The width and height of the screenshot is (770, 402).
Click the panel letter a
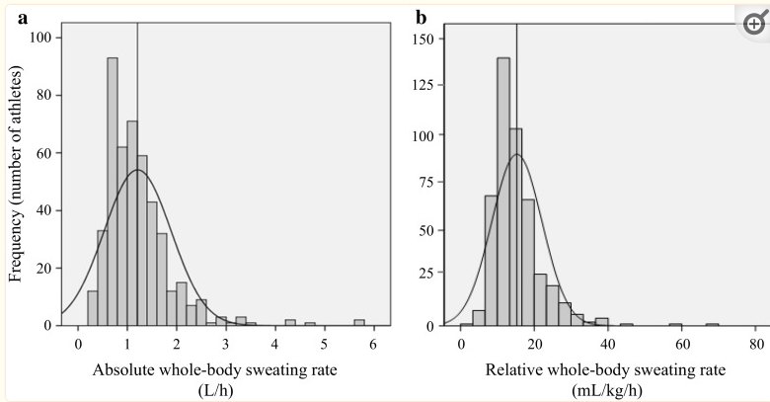pyautogui.click(x=15, y=16)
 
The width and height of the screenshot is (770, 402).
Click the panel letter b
pyautogui.click(x=422, y=17)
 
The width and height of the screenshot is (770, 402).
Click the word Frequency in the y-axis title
pyautogui.click(x=16, y=245)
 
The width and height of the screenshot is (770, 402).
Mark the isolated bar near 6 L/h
pyautogui.click(x=359, y=322)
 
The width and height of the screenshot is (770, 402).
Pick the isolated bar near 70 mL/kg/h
pyautogui.click(x=712, y=324)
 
